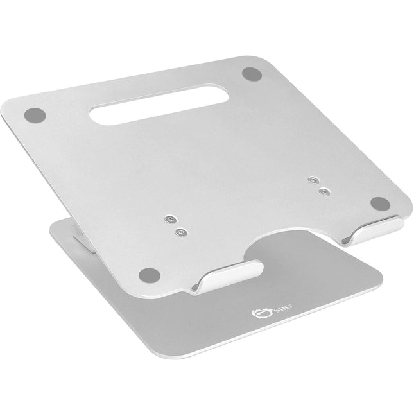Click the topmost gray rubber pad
coord(250,73)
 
